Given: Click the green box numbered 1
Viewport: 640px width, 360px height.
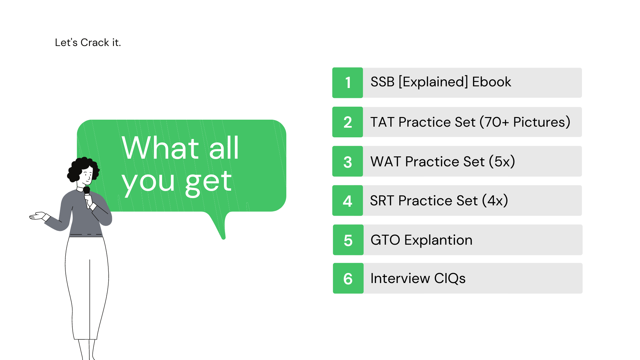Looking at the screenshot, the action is tap(347, 83).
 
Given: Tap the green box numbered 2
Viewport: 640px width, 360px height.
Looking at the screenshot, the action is tap(347, 122).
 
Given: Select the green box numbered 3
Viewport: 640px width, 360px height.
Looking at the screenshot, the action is tap(347, 161).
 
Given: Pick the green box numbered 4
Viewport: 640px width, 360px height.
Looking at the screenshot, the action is tap(347, 201).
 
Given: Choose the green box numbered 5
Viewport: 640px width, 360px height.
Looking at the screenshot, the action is tap(348, 240).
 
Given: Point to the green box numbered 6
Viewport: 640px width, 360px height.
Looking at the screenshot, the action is tap(348, 278).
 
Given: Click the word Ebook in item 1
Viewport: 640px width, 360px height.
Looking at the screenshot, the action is tap(491, 82).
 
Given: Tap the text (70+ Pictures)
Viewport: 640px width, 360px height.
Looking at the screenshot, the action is tap(525, 122).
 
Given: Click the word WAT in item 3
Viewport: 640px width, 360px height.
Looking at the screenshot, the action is tap(386, 162).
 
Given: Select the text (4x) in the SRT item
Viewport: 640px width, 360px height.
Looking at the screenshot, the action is tap(495, 201).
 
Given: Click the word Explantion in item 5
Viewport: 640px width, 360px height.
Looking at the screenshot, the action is tap(438, 240).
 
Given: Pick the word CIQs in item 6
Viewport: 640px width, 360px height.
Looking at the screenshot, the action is tap(450, 279).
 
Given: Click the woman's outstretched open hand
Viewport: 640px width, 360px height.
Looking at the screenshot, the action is tap(37, 216).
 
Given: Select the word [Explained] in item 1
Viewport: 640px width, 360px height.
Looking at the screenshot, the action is tap(433, 82).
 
